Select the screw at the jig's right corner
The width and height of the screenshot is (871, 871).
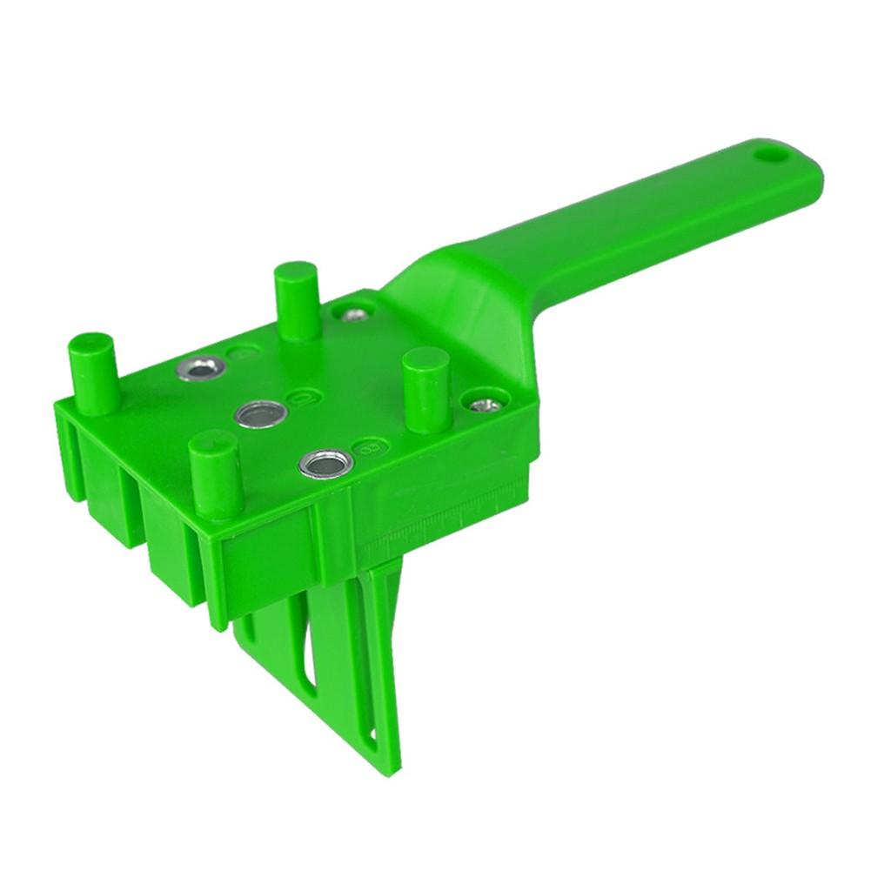[x=486, y=404]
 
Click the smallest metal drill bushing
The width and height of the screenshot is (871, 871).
[x=200, y=369]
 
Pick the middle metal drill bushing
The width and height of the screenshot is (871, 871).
[x=260, y=414]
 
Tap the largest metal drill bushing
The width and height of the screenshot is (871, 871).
[x=326, y=463]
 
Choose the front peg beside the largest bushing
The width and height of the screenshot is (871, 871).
[x=215, y=474]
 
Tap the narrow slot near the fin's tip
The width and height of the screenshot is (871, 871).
[x=373, y=739]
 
